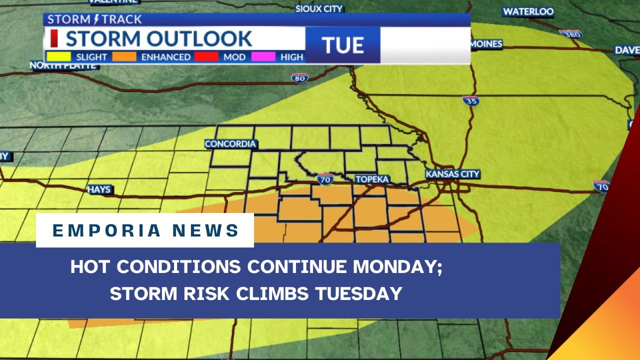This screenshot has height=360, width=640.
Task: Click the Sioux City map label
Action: point(319,8)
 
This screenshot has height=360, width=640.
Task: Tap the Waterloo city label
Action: point(528,11)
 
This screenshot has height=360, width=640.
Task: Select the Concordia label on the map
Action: point(230,144)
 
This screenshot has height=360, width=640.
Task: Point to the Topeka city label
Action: point(372,179)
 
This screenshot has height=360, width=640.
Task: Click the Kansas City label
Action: point(452,174)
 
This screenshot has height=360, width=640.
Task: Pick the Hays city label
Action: point(99,190)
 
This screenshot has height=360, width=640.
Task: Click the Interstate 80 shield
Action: point(299,77)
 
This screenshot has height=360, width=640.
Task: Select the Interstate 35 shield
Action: point(470,100)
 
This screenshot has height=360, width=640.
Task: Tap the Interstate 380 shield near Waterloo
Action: point(571,34)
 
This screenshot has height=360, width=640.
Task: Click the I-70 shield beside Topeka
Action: point(325,178)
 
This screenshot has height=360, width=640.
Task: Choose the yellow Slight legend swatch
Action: point(58,56)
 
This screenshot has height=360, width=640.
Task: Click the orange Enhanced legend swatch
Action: point(124,56)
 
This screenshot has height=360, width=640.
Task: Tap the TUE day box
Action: point(342,45)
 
